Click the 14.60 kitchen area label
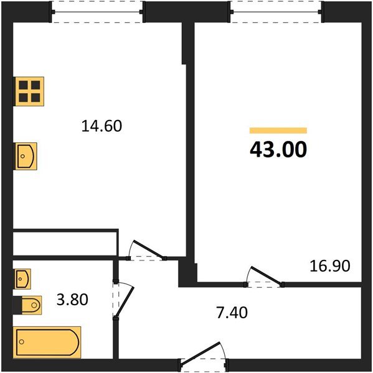(101, 126)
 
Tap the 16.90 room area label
(330, 267)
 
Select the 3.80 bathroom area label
(72, 300)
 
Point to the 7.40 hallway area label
(232, 312)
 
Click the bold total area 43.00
(278, 150)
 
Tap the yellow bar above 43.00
(278, 131)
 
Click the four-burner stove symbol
(28, 91)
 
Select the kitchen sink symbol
(26, 155)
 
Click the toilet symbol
(29, 305)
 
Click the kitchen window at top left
(97, 12)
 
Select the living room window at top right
(277, 12)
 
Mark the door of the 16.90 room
(265, 277)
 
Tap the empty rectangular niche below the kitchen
(65, 242)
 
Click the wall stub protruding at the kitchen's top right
(185, 44)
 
